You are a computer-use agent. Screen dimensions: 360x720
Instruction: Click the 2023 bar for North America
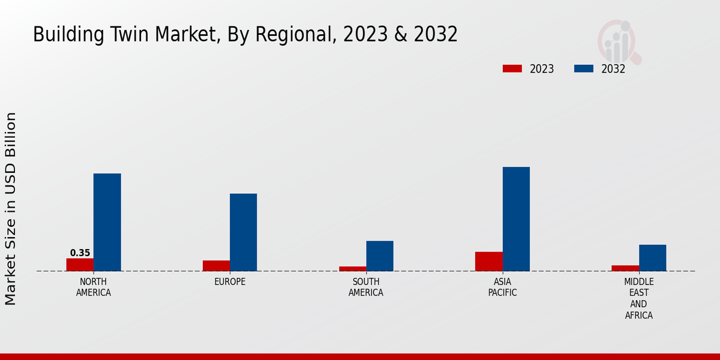(x=80, y=265)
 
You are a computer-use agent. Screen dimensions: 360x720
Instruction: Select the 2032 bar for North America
(x=107, y=222)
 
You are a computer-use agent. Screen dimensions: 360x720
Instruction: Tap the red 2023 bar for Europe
(x=216, y=266)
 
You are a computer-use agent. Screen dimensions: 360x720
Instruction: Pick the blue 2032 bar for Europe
(x=243, y=232)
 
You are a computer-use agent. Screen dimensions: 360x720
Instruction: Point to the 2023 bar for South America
(x=352, y=269)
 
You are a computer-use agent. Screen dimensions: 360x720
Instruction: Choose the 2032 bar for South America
(x=380, y=256)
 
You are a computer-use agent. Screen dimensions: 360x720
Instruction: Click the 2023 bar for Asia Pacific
(x=488, y=262)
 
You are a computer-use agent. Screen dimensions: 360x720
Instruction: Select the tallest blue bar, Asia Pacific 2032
(x=516, y=219)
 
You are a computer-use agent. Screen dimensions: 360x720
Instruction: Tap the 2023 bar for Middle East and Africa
(x=625, y=268)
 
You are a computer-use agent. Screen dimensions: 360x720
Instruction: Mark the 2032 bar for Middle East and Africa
(x=652, y=258)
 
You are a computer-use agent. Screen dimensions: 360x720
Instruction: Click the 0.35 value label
(x=80, y=253)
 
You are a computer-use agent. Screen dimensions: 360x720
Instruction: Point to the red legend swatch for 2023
(x=512, y=69)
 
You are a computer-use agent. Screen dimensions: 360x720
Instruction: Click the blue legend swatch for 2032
(x=583, y=69)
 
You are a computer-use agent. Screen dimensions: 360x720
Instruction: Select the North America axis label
(x=94, y=287)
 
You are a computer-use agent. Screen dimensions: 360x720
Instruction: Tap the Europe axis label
(x=230, y=282)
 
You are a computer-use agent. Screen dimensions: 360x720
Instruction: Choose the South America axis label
(x=366, y=287)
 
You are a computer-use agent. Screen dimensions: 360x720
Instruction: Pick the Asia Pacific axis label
(x=502, y=287)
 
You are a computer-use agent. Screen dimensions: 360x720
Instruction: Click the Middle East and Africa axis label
(x=639, y=298)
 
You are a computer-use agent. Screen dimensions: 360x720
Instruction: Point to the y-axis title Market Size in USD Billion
(x=11, y=208)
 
